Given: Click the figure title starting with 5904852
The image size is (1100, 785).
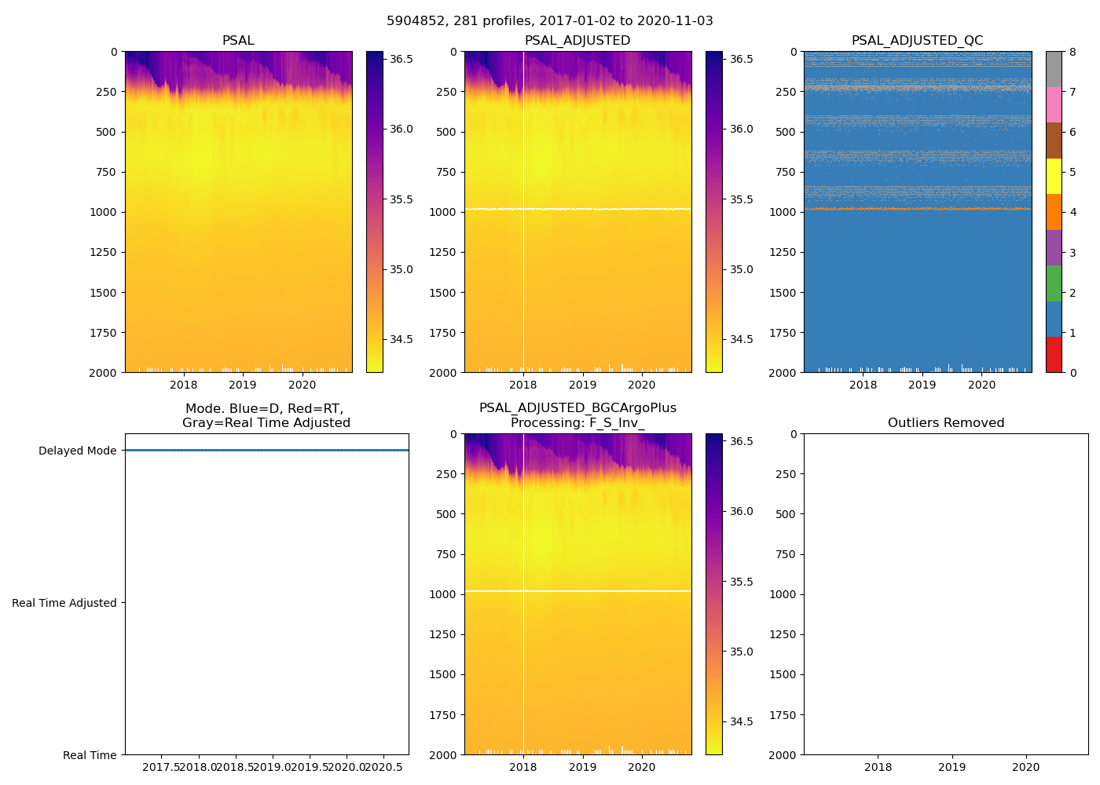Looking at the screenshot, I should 549,21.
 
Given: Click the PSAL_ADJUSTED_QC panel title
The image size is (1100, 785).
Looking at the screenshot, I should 917,41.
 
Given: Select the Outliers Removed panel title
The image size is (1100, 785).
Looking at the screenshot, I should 945,423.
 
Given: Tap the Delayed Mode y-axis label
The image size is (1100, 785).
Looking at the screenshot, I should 77,451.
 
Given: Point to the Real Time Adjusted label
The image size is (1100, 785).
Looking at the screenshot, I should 64,604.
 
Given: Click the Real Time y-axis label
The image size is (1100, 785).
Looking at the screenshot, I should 90,756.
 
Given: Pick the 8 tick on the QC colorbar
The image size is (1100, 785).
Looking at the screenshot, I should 1072,53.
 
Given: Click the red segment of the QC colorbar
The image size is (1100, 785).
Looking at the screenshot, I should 1054,355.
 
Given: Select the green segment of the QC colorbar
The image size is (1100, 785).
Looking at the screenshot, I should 1054,283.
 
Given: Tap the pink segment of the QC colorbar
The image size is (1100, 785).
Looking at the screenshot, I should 1054,105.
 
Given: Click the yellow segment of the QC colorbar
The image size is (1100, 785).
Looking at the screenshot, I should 1054,177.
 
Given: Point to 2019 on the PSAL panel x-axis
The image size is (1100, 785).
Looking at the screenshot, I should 243,385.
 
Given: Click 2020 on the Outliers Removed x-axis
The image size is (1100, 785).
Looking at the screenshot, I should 1025,767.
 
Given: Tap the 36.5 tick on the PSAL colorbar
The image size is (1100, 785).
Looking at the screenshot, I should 401,60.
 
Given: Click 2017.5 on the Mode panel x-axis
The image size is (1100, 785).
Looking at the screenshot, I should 161,767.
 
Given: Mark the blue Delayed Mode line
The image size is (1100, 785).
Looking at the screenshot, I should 266,451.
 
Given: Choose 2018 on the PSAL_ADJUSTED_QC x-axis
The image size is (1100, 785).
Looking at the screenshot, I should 863,385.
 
